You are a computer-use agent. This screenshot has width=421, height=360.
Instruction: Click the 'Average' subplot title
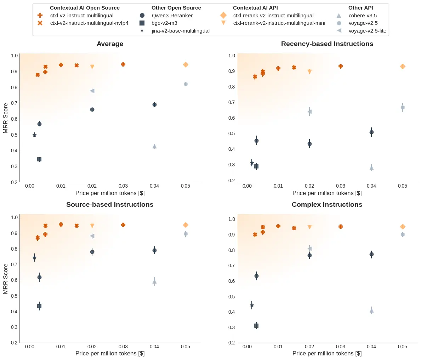click(x=110, y=44)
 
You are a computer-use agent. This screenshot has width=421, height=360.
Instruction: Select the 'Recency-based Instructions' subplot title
click(x=327, y=44)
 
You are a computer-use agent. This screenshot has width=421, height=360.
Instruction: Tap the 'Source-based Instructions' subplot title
click(x=110, y=205)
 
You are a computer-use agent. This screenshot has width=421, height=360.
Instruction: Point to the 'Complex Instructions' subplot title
click(x=327, y=205)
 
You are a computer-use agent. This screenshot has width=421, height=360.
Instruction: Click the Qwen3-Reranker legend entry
click(x=171, y=16)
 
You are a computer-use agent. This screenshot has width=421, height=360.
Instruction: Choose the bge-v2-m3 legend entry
click(x=164, y=23)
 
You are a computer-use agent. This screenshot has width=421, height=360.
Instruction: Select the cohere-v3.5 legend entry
click(x=363, y=16)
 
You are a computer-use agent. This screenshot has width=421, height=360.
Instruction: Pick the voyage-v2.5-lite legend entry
click(x=367, y=31)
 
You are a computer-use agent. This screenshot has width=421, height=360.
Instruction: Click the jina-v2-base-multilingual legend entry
click(x=180, y=31)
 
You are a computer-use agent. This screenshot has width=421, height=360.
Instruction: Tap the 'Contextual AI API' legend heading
click(x=255, y=8)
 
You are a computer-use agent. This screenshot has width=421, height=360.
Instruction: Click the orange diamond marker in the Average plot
click(x=186, y=64)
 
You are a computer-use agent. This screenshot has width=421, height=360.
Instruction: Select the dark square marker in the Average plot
click(x=39, y=159)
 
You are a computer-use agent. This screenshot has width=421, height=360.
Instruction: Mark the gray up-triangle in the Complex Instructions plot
click(x=371, y=310)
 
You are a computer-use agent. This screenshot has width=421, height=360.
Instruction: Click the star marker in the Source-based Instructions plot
click(x=34, y=257)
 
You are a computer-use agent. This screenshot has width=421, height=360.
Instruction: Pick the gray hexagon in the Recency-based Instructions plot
click(x=403, y=107)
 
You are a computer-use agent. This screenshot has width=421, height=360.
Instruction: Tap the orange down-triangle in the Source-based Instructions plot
click(x=92, y=226)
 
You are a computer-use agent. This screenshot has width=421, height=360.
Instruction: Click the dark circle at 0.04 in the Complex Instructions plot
click(x=371, y=254)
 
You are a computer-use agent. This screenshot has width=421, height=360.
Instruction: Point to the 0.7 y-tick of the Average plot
click(x=14, y=103)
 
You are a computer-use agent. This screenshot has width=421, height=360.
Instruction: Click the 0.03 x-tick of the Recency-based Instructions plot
click(x=340, y=186)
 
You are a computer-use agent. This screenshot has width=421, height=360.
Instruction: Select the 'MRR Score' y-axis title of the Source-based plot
click(x=5, y=279)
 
